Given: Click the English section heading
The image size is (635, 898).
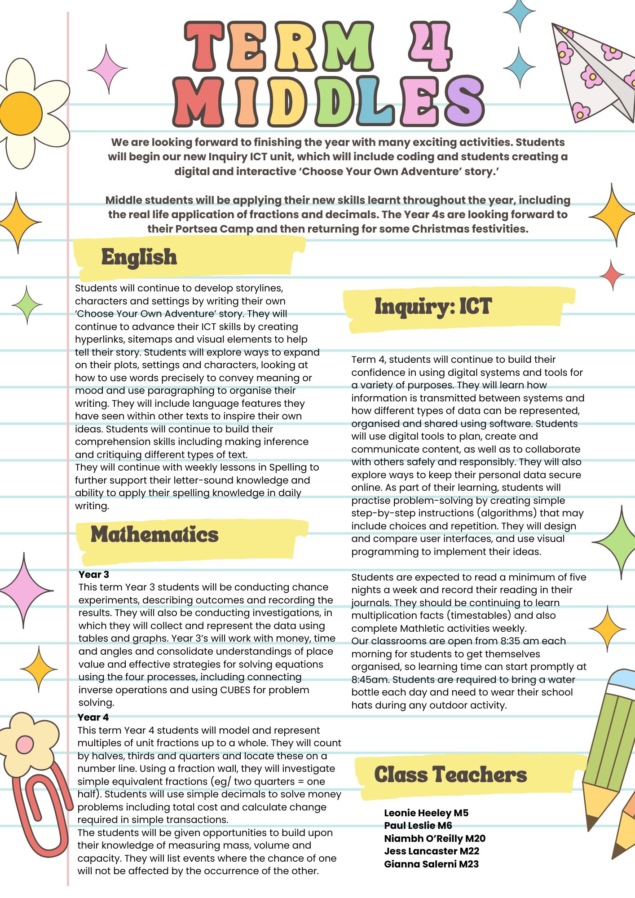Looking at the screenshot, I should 139,257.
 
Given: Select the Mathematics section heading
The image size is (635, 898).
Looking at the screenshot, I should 154,534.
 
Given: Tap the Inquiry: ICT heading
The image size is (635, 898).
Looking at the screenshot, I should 433,307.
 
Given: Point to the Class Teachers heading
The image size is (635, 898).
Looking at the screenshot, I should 450,775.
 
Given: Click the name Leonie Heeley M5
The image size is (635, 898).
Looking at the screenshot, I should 426,813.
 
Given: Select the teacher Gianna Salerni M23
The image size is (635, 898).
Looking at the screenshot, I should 431,864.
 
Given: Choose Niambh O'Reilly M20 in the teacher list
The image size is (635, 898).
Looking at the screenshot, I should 434,838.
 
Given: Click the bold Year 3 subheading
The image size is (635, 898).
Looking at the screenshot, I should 93,574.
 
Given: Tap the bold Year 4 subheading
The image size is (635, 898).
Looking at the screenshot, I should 93,717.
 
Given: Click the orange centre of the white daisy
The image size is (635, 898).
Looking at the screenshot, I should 21,113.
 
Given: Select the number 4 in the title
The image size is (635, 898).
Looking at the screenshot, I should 429,47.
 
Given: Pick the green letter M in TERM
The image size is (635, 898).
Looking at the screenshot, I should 348,47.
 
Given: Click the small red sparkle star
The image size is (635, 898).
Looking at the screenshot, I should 612,275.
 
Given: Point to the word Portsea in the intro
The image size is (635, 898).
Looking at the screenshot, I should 196,229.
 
